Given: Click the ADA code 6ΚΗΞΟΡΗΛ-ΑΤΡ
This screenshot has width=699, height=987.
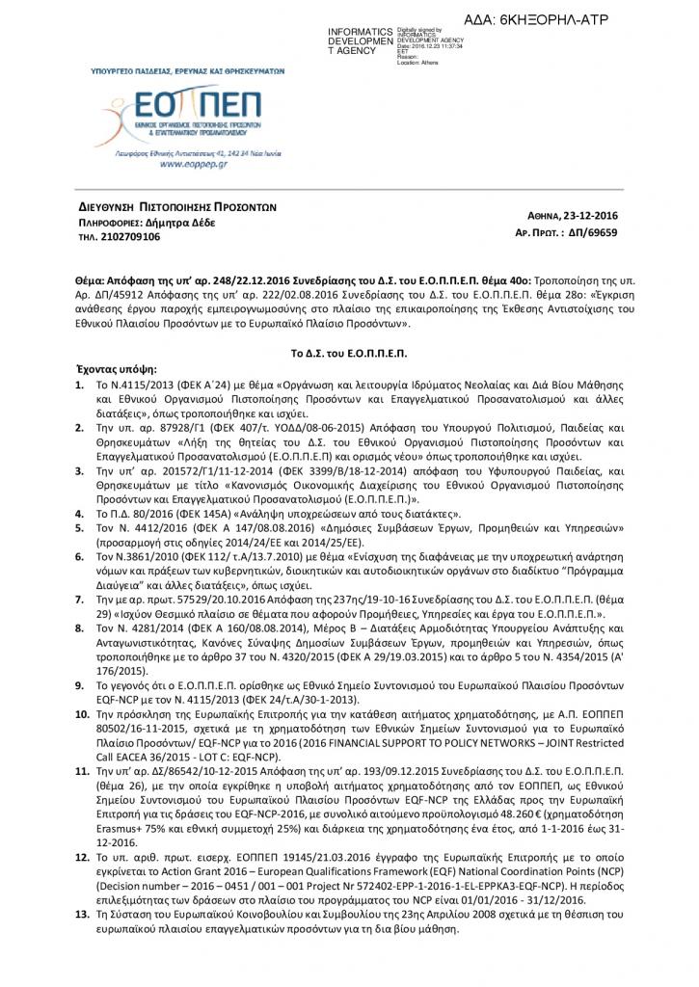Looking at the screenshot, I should (550, 19).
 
